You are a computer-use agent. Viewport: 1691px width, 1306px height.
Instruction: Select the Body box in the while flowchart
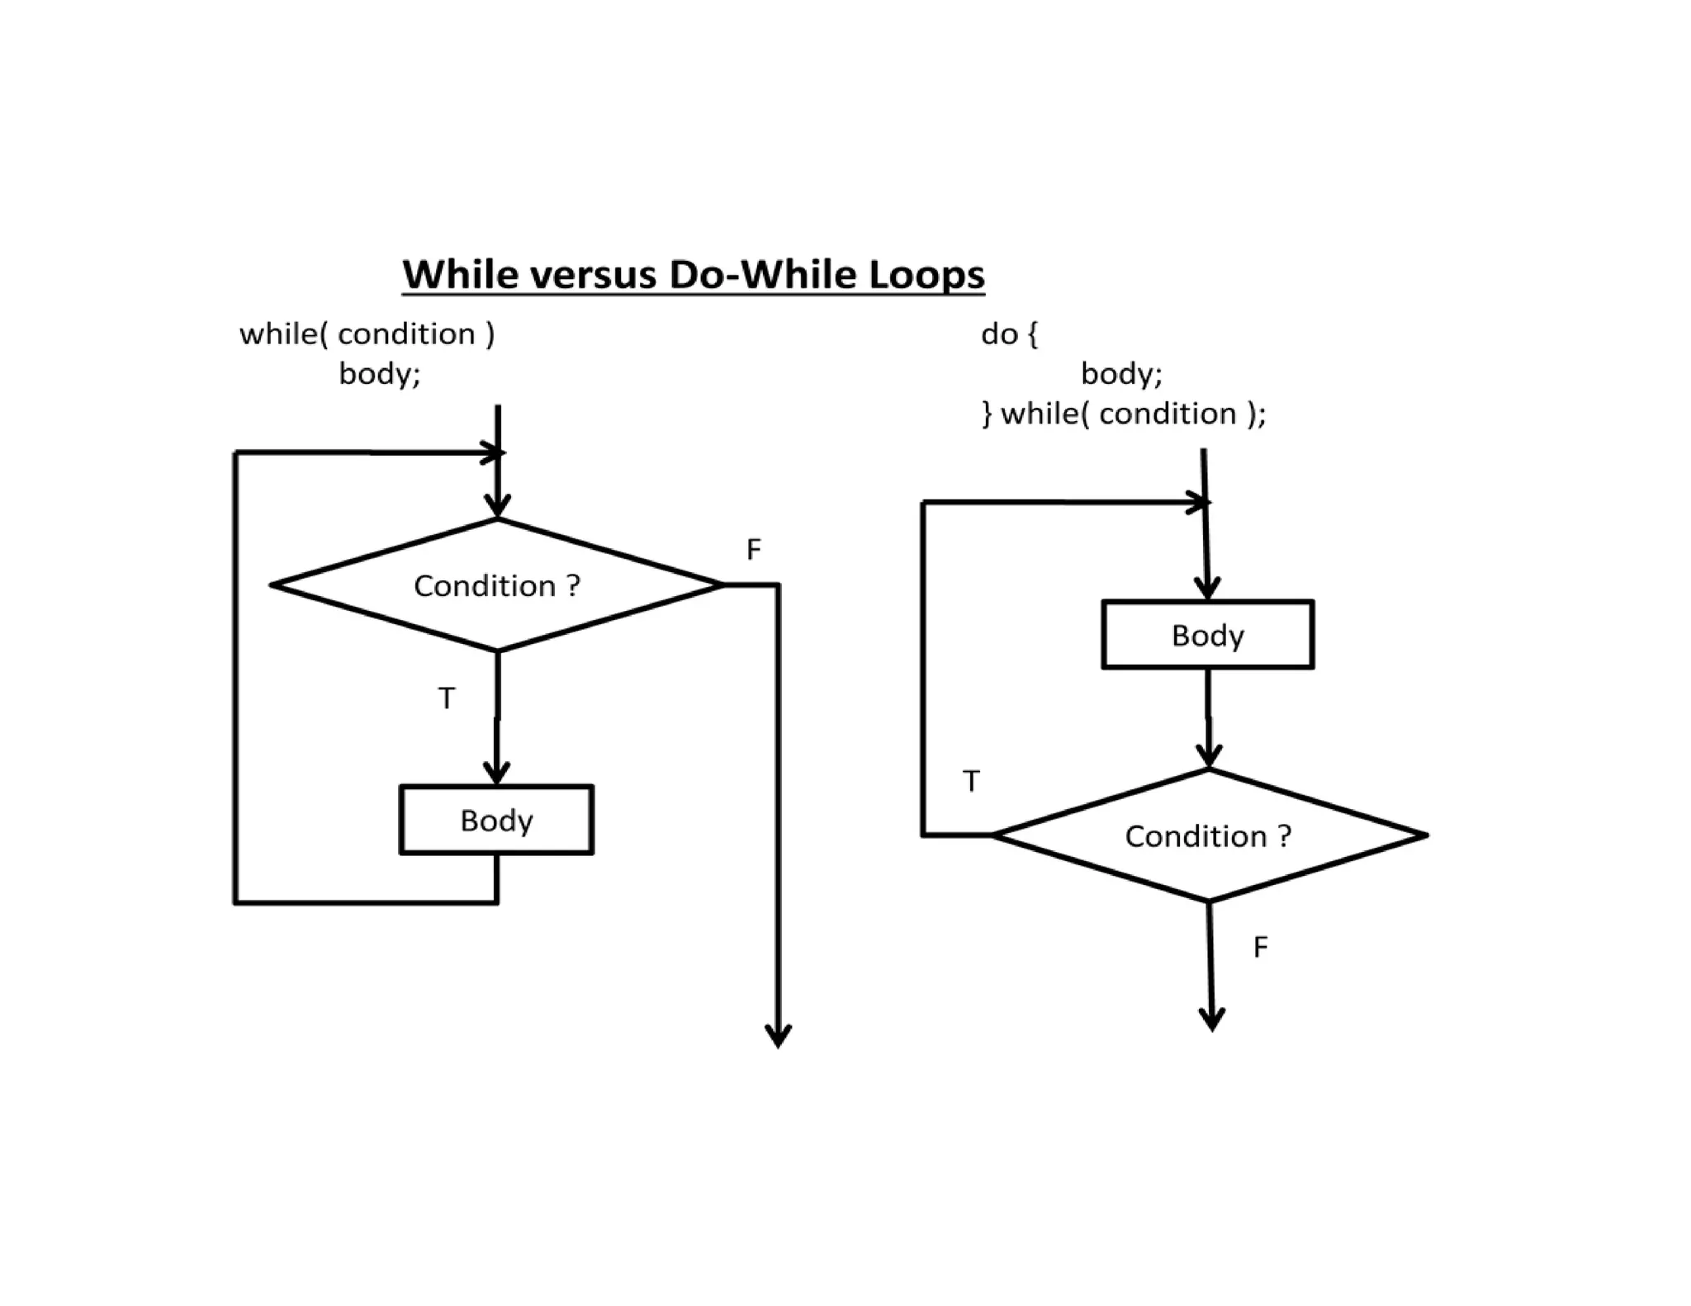click(x=496, y=820)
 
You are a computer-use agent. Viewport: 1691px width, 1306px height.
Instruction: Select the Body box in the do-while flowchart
click(x=1207, y=635)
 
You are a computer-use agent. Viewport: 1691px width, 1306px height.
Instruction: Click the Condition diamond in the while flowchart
click(x=497, y=585)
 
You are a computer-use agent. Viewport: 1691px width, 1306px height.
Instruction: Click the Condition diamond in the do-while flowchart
click(x=1208, y=836)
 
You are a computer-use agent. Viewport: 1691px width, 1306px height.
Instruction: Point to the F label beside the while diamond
click(x=753, y=550)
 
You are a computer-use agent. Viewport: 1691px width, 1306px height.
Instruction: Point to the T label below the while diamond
click(x=447, y=698)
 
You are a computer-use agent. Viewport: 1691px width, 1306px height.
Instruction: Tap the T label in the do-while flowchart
click(x=972, y=781)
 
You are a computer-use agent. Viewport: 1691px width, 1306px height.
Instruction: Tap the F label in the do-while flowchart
click(x=1260, y=947)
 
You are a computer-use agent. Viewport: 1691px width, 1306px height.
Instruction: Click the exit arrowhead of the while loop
click(x=778, y=1037)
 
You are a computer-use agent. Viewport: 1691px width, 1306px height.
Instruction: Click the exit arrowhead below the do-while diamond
click(x=1211, y=1020)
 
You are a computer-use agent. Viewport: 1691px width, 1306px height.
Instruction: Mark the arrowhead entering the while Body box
click(x=496, y=774)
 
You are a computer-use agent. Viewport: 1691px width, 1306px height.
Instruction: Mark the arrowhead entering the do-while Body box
click(x=1207, y=589)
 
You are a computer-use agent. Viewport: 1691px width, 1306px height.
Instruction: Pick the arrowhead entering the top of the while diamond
click(x=497, y=506)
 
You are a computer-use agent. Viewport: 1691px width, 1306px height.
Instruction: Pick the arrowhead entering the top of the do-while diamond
click(x=1209, y=756)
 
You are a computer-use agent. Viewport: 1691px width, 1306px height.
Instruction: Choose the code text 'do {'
click(x=1009, y=334)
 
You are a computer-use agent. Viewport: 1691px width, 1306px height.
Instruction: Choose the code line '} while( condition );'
click(x=1123, y=414)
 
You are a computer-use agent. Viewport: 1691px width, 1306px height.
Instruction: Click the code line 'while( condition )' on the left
click(x=367, y=334)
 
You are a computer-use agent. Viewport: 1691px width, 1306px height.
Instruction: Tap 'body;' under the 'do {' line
click(x=1121, y=374)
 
